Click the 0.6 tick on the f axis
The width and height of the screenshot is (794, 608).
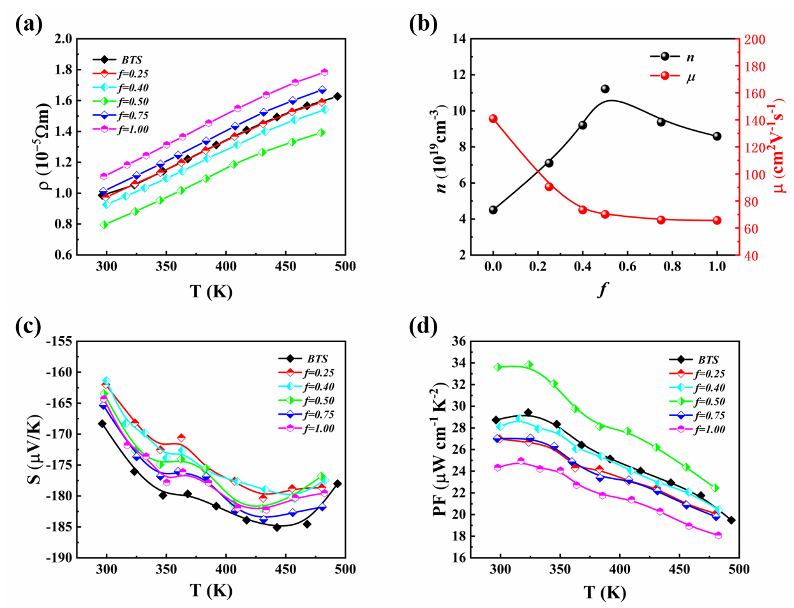point(627,266)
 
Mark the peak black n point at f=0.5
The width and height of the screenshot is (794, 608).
point(605,89)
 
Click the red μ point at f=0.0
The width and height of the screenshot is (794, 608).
point(493,119)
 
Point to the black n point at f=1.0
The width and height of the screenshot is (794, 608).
point(717,136)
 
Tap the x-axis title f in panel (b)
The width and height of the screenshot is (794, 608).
point(603,290)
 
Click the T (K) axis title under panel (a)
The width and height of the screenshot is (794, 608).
point(211,292)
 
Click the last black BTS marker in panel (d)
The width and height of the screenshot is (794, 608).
point(731,520)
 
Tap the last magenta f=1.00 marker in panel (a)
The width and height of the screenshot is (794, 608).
point(324,72)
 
